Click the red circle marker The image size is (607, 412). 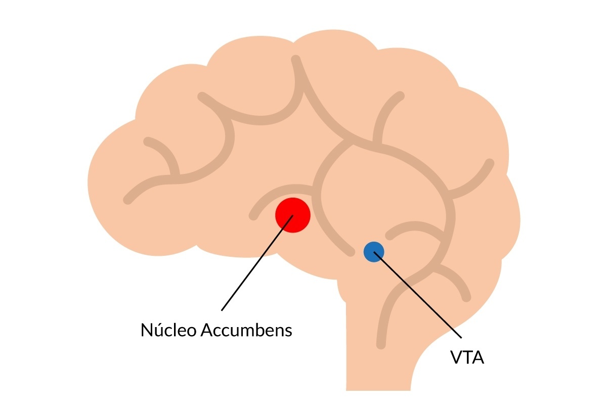pos(292,215)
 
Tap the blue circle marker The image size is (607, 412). pos(374,251)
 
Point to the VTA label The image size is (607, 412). pos(467,357)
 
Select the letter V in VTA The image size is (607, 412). pos(456,357)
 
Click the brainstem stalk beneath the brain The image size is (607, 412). pos(364,354)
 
